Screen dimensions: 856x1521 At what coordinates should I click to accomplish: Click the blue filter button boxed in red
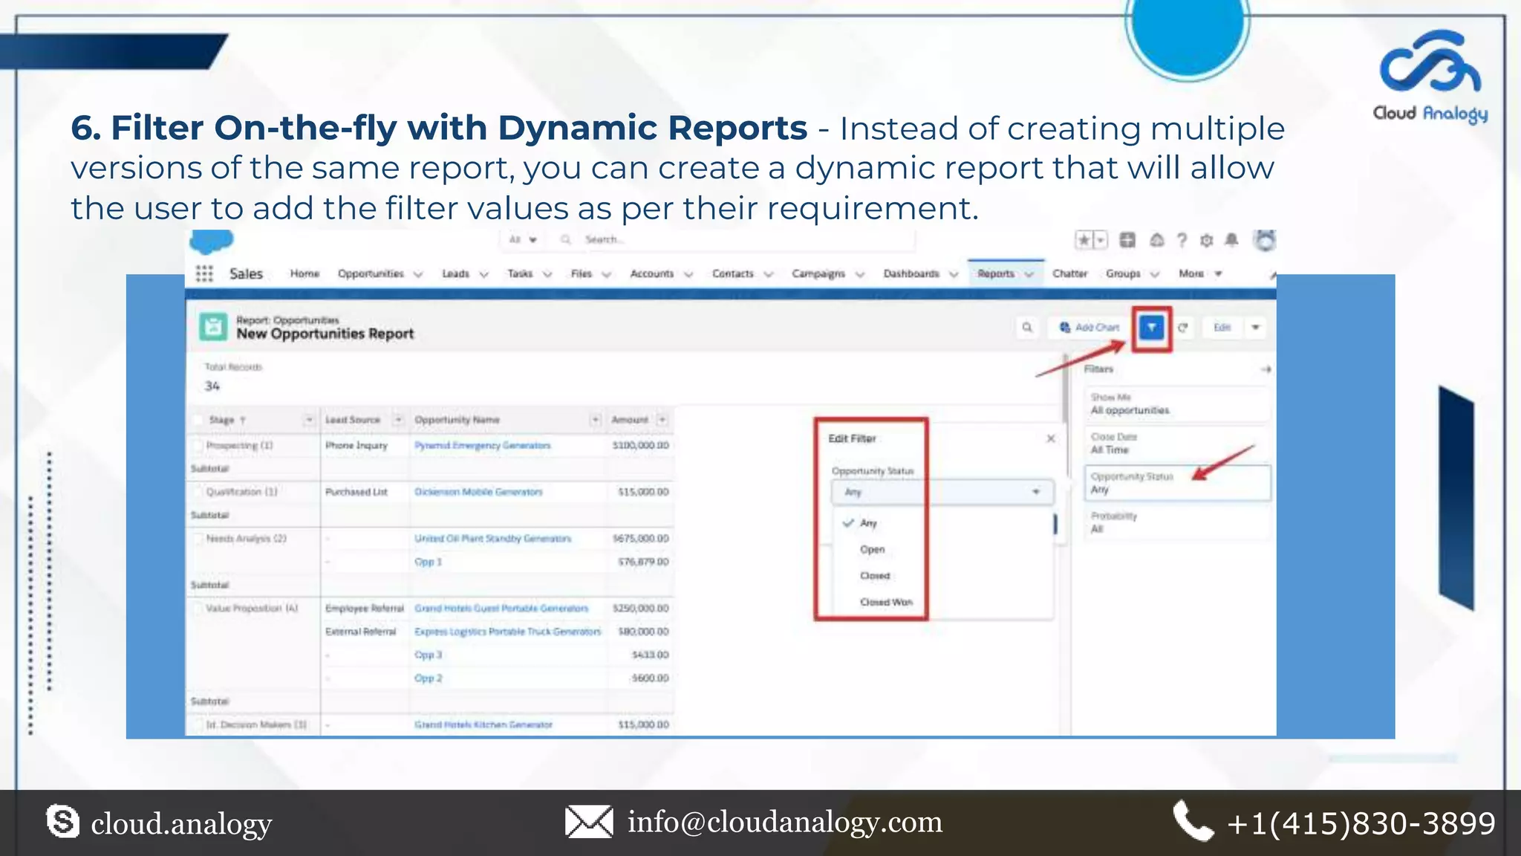tap(1151, 327)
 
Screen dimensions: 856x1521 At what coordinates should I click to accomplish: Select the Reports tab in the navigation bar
tap(996, 273)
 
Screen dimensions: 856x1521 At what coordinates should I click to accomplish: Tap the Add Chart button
tap(1090, 327)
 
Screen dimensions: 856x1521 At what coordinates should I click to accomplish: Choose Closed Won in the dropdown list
tap(886, 602)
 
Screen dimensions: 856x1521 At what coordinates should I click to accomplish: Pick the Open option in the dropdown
tap(873, 549)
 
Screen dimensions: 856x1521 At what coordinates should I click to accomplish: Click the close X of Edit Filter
tap(1051, 438)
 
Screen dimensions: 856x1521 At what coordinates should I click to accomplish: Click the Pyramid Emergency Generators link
tap(483, 445)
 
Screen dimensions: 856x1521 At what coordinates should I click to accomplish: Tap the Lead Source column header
tap(353, 420)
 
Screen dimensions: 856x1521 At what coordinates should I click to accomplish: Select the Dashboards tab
tap(911, 273)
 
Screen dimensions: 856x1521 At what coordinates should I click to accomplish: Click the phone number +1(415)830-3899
tap(1361, 823)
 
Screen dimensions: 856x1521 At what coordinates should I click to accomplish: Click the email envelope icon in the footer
tap(589, 822)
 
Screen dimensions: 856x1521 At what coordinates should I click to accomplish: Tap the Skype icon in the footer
tap(62, 822)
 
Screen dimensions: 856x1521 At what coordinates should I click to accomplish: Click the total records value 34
tap(212, 386)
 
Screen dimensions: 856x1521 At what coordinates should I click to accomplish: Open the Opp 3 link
tap(428, 655)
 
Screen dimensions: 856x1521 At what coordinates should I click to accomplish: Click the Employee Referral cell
tap(364, 608)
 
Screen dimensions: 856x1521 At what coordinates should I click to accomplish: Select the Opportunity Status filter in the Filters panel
tap(1176, 483)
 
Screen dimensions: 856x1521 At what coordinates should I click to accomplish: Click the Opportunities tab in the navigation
tap(371, 273)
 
